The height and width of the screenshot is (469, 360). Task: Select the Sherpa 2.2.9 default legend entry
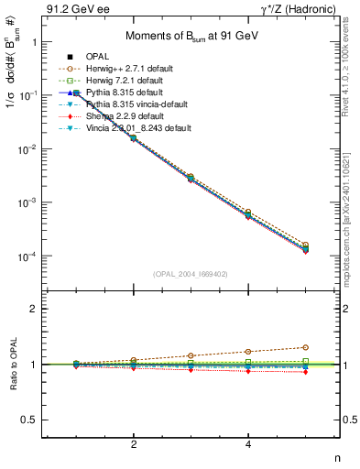[125, 115]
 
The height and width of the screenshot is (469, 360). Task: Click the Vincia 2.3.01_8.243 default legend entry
[137, 127]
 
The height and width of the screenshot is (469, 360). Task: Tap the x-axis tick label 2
[134, 444]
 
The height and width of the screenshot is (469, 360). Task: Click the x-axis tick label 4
[248, 444]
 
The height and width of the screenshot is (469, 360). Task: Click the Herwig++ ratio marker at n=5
[306, 347]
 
